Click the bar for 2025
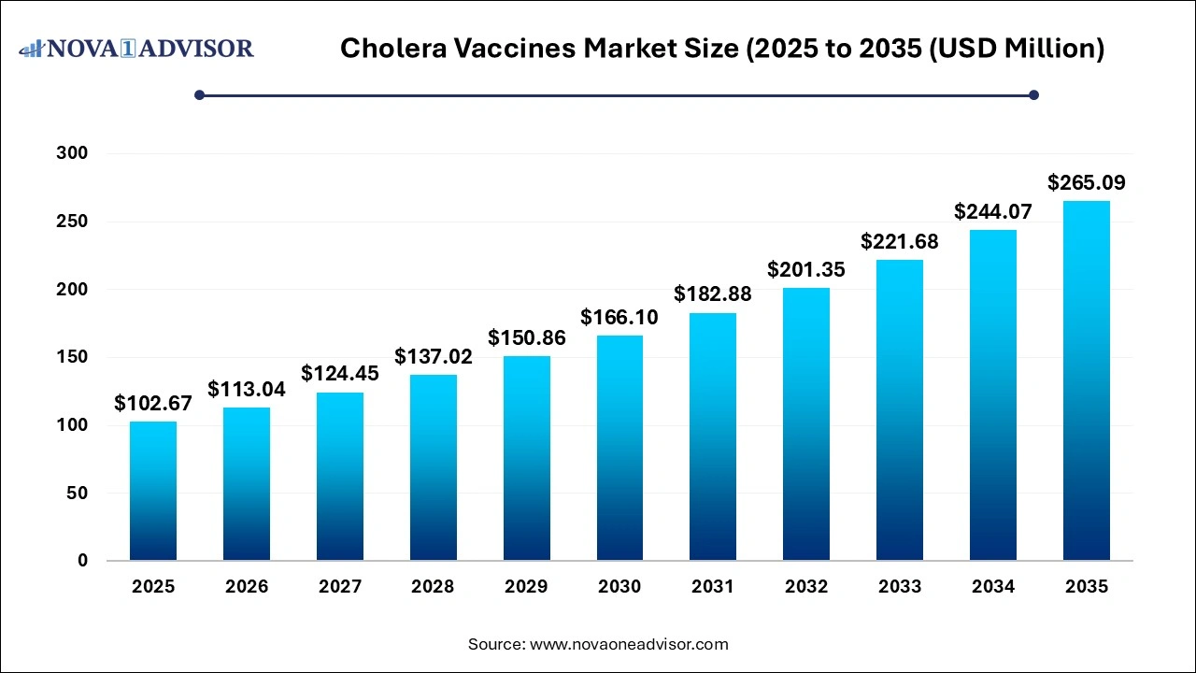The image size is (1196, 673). click(x=153, y=491)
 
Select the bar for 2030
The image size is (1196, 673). click(x=619, y=449)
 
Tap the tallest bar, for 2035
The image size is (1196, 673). click(x=1086, y=380)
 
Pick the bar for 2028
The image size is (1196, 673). click(x=433, y=467)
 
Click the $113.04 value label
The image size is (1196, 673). click(x=247, y=389)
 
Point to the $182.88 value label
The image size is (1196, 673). click(x=713, y=294)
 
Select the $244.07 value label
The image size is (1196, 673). click(x=992, y=212)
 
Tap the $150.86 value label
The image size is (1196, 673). click(x=526, y=337)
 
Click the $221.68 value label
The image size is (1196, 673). click(x=900, y=241)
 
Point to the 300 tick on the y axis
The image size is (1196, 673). click(x=71, y=153)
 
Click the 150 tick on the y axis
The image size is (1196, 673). click(x=71, y=357)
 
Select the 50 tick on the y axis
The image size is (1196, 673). click(x=77, y=493)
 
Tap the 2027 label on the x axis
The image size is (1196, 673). click(x=340, y=587)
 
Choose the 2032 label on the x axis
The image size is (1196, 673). click(x=806, y=587)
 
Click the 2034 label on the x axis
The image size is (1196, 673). click(x=992, y=587)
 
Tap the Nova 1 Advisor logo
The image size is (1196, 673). click(x=136, y=48)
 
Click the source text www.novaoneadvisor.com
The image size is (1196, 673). click(x=630, y=644)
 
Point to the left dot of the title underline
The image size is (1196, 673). click(x=199, y=94)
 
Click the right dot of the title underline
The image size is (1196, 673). click(x=1033, y=94)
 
